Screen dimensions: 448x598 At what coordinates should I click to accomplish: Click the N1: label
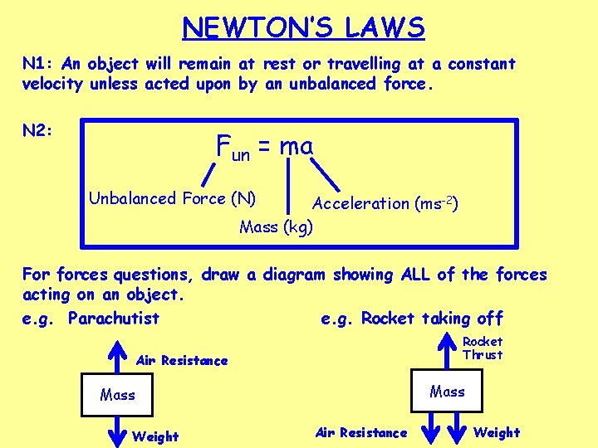pyautogui.click(x=37, y=64)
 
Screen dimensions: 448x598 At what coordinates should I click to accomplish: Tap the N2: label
pyautogui.click(x=38, y=130)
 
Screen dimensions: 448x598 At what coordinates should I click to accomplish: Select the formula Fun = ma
pyautogui.click(x=264, y=147)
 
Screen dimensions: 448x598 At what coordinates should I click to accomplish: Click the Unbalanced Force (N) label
pyautogui.click(x=172, y=198)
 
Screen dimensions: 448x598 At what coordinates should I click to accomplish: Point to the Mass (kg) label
pyautogui.click(x=276, y=226)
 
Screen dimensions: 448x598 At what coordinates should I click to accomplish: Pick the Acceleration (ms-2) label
pyautogui.click(x=386, y=203)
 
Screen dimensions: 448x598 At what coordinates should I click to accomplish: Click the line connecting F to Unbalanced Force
pyautogui.click(x=207, y=173)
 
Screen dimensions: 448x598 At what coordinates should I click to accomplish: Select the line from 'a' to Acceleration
pyautogui.click(x=331, y=176)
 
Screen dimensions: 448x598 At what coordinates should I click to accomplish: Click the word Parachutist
pyautogui.click(x=114, y=319)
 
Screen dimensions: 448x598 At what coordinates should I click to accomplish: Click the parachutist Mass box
pyautogui.click(x=117, y=395)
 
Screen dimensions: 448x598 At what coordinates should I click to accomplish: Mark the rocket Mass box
pyautogui.click(x=447, y=391)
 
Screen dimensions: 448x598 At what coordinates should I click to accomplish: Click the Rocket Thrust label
pyautogui.click(x=483, y=348)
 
